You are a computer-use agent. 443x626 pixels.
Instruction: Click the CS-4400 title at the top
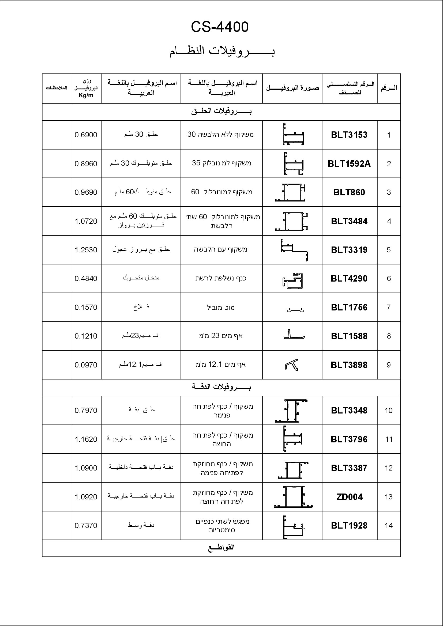(x=220, y=27)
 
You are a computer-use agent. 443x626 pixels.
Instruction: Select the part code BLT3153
(x=349, y=135)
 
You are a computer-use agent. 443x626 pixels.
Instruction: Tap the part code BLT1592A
(x=349, y=164)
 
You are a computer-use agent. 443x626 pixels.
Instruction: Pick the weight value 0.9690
(x=86, y=192)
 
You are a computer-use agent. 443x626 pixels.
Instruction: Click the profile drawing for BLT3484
(x=291, y=221)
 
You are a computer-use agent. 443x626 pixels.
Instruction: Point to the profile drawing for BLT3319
(x=294, y=250)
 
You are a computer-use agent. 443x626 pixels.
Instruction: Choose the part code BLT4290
(x=349, y=278)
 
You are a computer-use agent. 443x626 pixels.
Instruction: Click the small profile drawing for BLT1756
(x=295, y=309)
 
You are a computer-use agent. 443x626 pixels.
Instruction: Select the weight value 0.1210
(x=86, y=336)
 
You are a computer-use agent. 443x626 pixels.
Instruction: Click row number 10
(x=388, y=410)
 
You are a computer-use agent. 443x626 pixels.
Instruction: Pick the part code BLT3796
(x=349, y=439)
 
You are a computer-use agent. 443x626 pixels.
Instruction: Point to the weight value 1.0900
(x=86, y=468)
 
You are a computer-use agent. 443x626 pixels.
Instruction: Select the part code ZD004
(x=350, y=497)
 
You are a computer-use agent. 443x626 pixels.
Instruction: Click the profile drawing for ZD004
(x=293, y=497)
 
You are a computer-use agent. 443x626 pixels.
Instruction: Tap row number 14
(x=388, y=525)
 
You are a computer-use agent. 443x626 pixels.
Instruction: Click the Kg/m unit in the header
(x=86, y=95)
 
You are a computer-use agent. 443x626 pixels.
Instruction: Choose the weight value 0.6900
(x=86, y=135)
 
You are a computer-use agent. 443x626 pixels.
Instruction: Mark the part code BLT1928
(x=349, y=525)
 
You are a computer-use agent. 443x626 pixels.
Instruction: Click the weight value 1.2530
(x=86, y=250)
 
